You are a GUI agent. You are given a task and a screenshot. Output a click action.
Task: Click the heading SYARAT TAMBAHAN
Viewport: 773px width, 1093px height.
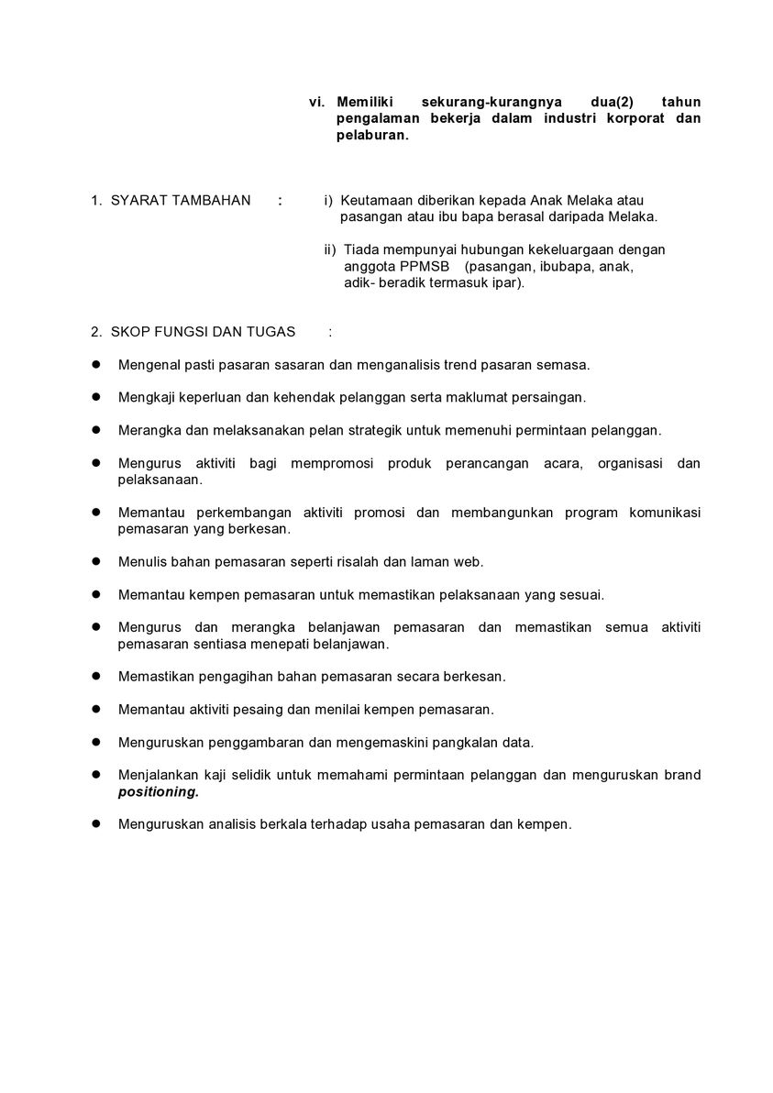tap(181, 201)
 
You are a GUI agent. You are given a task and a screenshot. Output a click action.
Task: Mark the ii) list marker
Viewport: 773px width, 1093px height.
tap(330, 249)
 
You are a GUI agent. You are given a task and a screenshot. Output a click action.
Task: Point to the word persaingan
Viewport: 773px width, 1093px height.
tap(548, 398)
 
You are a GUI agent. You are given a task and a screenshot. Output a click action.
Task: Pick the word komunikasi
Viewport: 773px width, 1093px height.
tap(665, 513)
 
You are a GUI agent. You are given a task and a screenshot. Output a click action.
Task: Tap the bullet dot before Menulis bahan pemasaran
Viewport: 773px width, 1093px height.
tap(95, 561)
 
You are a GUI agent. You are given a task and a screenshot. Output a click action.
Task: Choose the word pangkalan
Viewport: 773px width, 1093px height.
tap(457, 743)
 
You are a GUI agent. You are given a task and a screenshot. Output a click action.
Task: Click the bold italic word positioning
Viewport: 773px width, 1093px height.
tap(158, 791)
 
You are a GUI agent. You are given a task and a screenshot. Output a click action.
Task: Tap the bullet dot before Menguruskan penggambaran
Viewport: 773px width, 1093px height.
tap(95, 742)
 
